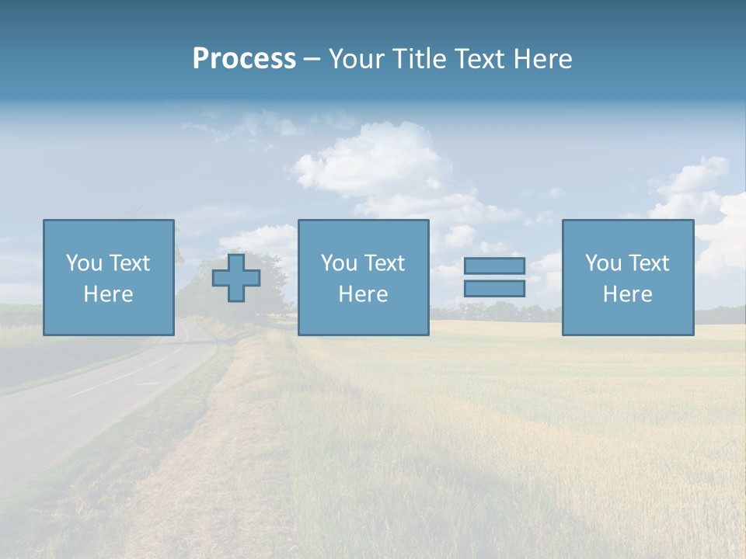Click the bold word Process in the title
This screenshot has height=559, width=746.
pos(244,59)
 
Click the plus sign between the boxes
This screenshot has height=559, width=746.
pos(236,278)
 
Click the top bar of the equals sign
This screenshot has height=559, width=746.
pos(494,266)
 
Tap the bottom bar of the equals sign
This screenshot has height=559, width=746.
pos(494,288)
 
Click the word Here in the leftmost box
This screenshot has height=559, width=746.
pos(108,294)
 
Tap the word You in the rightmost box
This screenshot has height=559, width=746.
pos(604,263)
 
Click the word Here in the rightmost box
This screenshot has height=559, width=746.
pos(627,294)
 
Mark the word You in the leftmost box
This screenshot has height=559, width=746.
pos(85,263)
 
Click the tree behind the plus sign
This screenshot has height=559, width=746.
pos(268,268)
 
